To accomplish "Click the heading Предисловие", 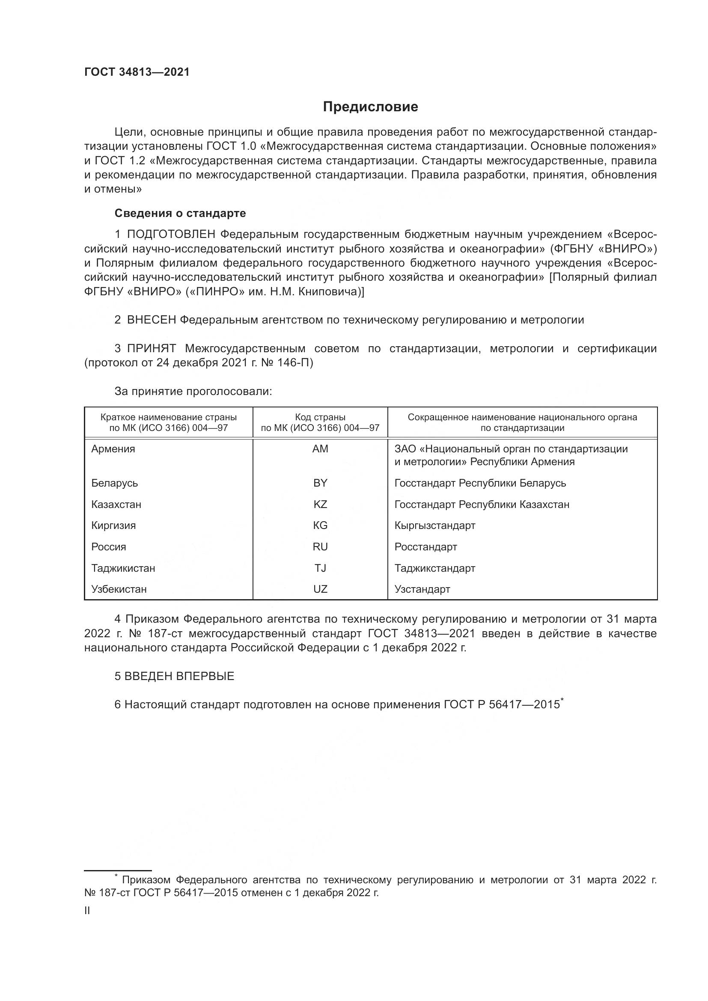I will point(370,107).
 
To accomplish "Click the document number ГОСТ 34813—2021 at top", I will point(137,72).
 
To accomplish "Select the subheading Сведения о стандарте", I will point(180,213).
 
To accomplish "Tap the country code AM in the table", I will point(320,449).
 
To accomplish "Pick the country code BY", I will point(320,483).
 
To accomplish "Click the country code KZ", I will point(320,505).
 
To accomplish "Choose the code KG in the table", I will point(320,526).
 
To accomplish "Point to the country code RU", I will point(320,547).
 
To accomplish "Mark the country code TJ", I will point(320,568).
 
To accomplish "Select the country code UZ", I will point(320,589).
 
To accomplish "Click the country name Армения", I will point(113,449).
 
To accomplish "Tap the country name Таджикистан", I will point(123,568).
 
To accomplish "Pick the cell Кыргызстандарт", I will point(434,526).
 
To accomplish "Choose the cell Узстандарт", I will point(422,589).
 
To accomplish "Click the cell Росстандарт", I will point(425,547).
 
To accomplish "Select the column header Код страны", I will point(320,417).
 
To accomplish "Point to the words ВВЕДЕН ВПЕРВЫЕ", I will point(179,676).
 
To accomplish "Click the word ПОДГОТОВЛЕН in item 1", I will point(171,235).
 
